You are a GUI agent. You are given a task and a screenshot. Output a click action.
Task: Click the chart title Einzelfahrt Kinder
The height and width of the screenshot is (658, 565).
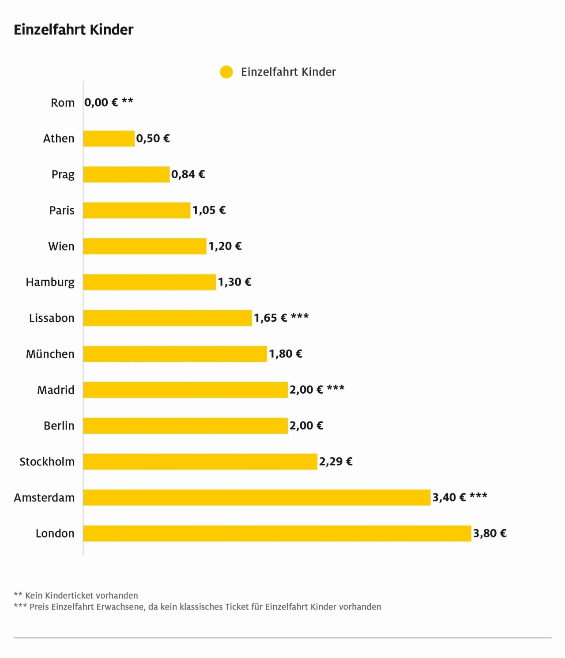(73, 30)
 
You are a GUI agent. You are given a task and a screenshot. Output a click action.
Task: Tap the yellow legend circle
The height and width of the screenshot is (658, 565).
(226, 72)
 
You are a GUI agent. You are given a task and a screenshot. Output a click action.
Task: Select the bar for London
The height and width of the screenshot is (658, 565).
(277, 533)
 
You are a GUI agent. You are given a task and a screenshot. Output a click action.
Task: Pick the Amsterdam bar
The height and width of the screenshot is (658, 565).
(256, 497)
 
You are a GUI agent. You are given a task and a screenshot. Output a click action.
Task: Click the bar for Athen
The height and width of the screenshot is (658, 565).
(109, 139)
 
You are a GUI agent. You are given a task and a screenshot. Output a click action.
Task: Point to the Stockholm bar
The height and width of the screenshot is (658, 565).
(200, 462)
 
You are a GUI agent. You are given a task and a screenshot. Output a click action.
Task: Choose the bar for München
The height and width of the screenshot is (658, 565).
(175, 354)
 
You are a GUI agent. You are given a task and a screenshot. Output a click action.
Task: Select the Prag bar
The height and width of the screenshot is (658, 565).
(126, 174)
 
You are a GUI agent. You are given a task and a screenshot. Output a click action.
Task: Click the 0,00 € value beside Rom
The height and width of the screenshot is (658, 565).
(101, 103)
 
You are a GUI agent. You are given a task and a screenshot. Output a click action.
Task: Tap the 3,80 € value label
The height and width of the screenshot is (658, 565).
(490, 534)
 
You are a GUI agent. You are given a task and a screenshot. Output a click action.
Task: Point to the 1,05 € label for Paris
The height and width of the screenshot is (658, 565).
(209, 211)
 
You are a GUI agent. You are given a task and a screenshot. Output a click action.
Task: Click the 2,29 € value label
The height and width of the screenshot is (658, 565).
(335, 462)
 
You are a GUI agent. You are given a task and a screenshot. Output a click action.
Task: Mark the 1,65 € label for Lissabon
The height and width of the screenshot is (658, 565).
(270, 318)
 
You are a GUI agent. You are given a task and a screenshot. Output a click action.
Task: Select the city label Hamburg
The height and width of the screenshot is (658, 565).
(50, 282)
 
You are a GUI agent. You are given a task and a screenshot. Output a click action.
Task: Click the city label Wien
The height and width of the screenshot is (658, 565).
(61, 246)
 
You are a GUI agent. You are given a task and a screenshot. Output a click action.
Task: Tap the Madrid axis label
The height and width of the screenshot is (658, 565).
(56, 390)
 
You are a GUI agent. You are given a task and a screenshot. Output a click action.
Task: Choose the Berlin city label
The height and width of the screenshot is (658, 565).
(59, 426)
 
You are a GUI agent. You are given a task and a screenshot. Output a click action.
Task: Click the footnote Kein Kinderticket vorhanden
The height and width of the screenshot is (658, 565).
(81, 595)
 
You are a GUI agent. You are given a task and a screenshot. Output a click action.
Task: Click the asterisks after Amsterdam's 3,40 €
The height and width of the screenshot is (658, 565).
(478, 496)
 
